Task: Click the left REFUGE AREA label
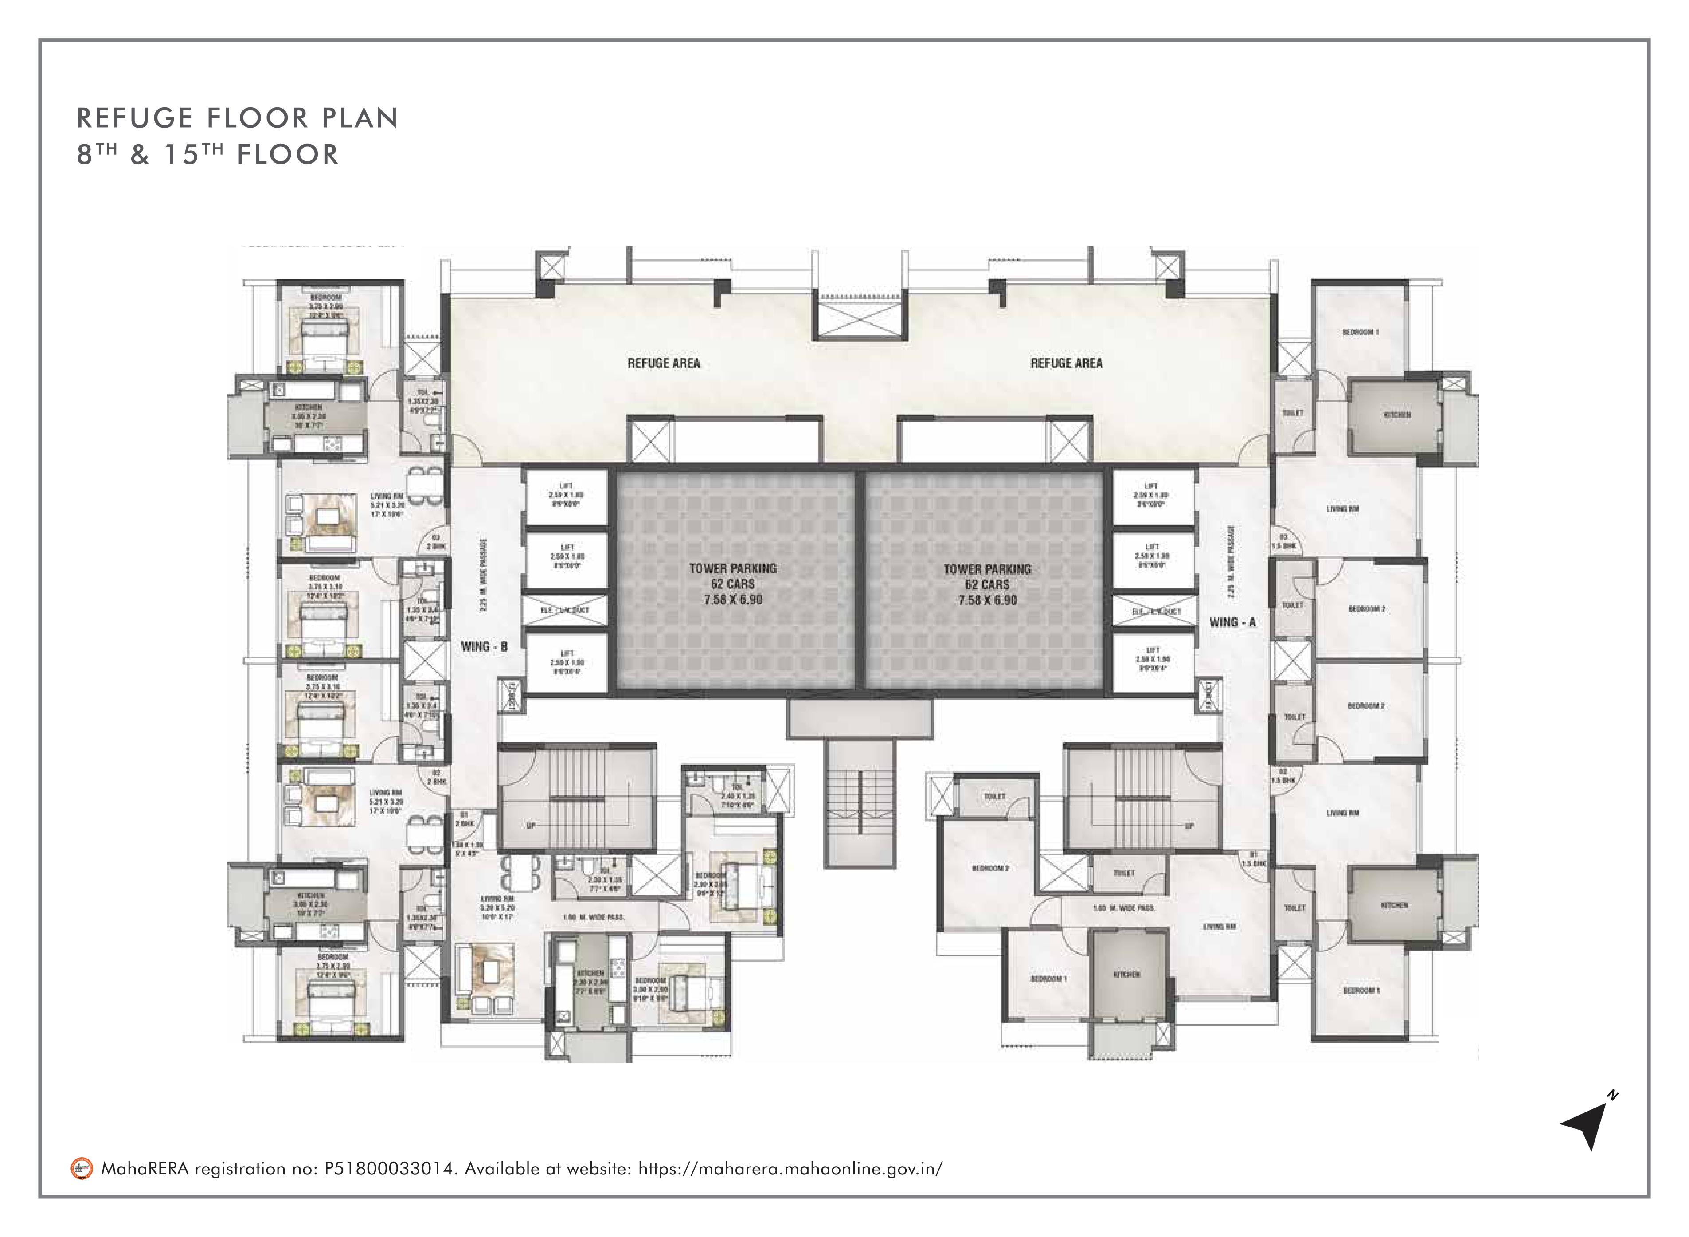click(x=663, y=363)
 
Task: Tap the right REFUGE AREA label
click(x=1066, y=363)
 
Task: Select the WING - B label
click(x=485, y=646)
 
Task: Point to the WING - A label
click(x=1232, y=622)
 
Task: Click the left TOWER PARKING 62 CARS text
click(x=732, y=576)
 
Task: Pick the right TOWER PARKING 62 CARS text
click(x=987, y=576)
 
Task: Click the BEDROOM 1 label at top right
click(x=1361, y=332)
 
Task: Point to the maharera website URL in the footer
click(x=790, y=1169)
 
